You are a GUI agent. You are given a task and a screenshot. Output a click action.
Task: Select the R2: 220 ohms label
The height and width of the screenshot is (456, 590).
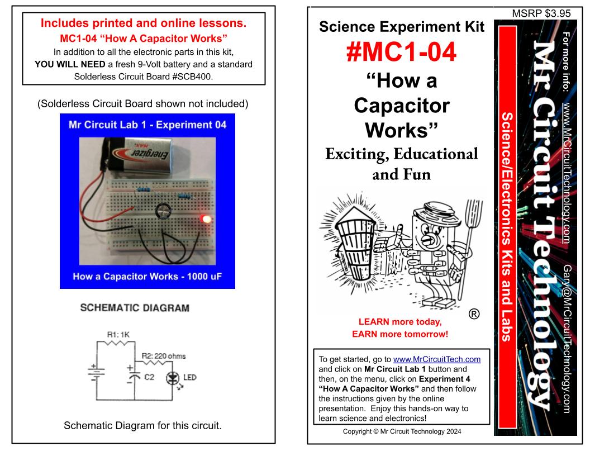click(163, 355)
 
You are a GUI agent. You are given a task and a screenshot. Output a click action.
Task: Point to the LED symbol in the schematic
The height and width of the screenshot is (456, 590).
click(173, 378)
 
